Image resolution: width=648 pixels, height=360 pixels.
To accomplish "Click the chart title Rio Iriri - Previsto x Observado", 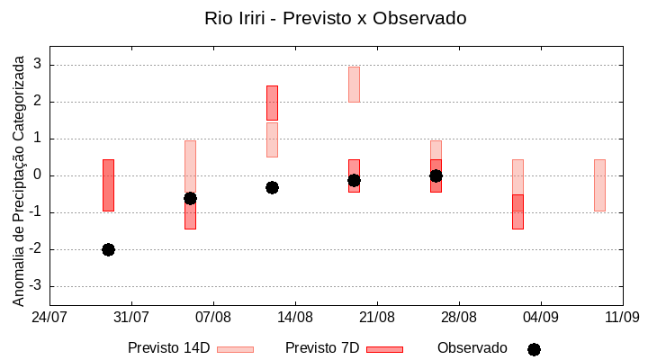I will click(x=336, y=18).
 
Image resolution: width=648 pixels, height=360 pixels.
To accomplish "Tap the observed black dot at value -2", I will click(x=108, y=249).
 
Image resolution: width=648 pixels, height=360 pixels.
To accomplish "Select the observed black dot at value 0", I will click(x=436, y=175).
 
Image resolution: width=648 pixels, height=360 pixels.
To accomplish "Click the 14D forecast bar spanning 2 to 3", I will click(x=354, y=84).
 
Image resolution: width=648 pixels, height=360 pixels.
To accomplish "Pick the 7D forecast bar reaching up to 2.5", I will click(x=272, y=103).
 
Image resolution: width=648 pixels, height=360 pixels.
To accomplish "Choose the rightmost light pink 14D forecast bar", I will click(x=599, y=184).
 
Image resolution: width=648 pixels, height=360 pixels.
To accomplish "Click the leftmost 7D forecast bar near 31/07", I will click(x=108, y=184).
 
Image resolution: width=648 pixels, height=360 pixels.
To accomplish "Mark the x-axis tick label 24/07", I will click(x=49, y=317).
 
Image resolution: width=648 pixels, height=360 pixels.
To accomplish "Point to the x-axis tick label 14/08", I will click(x=295, y=317).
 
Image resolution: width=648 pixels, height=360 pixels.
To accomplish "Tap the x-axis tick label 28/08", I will click(x=459, y=317).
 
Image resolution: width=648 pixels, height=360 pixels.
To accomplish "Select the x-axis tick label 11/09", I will click(x=622, y=317).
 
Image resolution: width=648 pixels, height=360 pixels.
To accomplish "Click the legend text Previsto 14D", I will click(x=168, y=347).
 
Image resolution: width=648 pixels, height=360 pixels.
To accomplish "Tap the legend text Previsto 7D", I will click(x=322, y=347).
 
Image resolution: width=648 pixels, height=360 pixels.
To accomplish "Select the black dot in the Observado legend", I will click(x=534, y=349).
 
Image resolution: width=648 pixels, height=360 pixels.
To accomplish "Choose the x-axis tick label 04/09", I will click(x=540, y=317).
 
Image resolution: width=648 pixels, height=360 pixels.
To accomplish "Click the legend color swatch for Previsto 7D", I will click(x=384, y=349).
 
